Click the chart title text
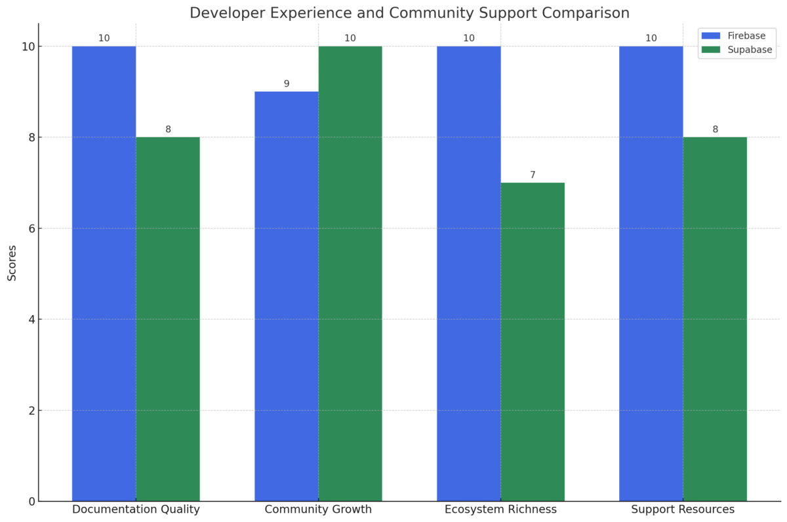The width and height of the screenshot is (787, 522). click(409, 13)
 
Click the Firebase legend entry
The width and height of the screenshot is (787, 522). click(737, 36)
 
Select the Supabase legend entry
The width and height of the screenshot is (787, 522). click(737, 50)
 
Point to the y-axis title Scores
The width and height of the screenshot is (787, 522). click(12, 263)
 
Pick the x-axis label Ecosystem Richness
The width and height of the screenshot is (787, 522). click(500, 510)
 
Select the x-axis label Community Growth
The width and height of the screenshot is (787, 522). click(318, 510)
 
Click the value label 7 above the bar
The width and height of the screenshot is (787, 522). click(533, 175)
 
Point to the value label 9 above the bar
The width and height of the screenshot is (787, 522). click(286, 84)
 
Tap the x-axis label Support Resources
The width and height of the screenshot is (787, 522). click(683, 510)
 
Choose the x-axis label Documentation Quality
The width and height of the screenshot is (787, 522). click(136, 510)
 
